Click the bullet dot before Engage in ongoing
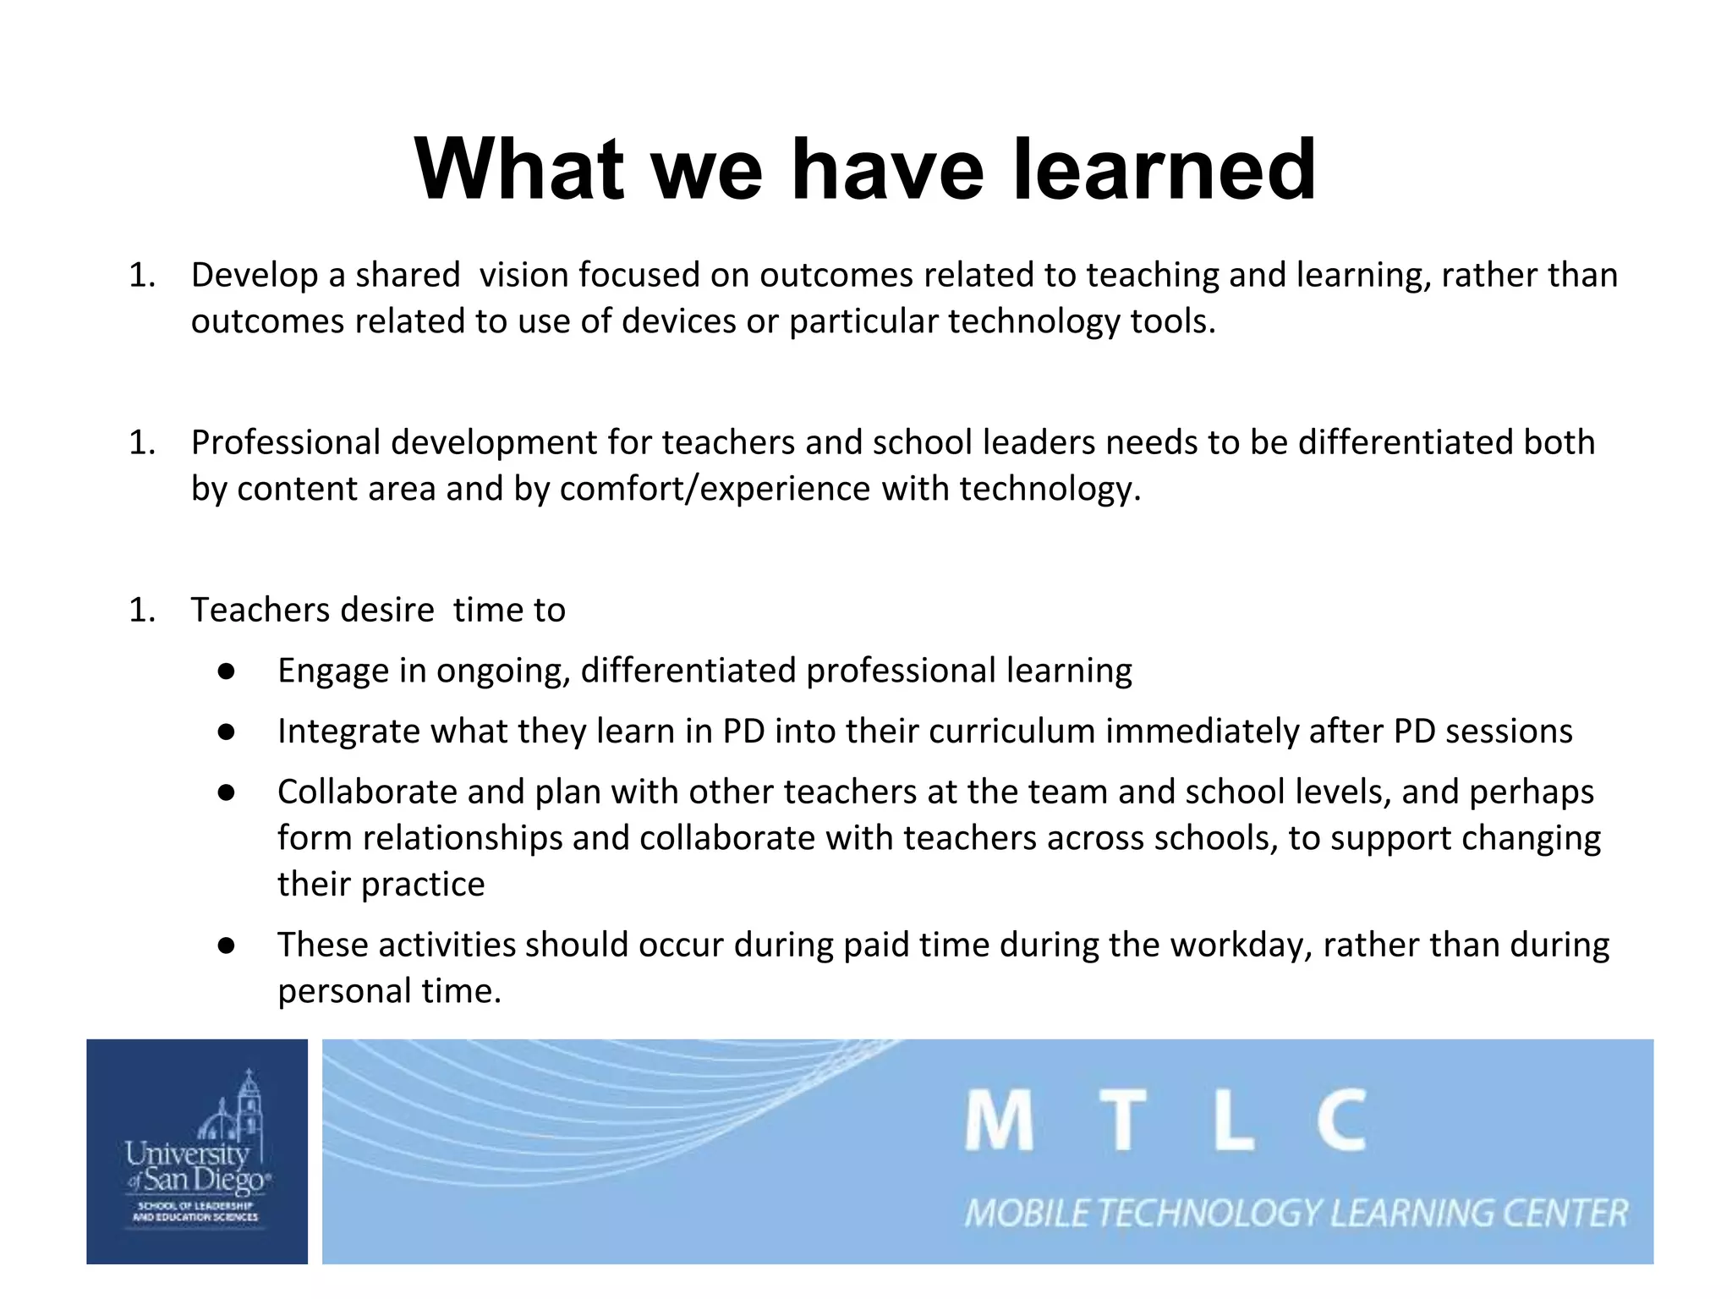[x=225, y=671]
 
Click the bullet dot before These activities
[x=225, y=945]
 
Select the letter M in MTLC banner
[x=999, y=1121]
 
